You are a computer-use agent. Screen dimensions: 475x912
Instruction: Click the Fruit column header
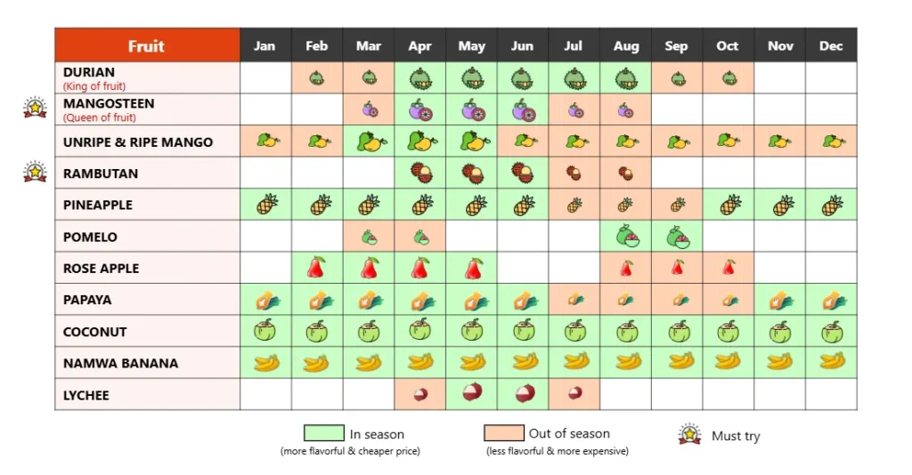coord(146,46)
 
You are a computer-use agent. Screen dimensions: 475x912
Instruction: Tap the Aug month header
coord(625,46)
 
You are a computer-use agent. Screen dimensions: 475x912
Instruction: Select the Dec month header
coord(830,46)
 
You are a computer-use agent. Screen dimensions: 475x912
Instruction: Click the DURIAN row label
coord(89,72)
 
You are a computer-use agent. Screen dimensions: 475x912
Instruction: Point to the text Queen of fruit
coord(100,117)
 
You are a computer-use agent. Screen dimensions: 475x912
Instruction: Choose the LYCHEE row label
coord(86,395)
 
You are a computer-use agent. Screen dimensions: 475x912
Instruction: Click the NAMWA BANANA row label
coord(120,363)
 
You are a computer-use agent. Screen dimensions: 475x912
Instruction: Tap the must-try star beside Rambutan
coord(35,171)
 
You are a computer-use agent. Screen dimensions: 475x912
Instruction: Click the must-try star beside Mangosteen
coord(35,108)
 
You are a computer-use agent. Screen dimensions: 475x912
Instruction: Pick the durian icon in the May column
coord(472,78)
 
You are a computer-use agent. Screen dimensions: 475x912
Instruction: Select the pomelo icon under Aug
coord(626,237)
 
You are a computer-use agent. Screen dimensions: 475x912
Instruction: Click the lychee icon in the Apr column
coord(420,394)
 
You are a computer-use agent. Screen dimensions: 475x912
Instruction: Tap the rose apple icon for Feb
coord(316,267)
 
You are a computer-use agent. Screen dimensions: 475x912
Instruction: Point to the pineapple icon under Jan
coord(266,205)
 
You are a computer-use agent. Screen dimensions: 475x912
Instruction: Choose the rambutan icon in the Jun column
coord(524,173)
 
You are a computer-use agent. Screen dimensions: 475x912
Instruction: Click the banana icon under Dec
coord(832,361)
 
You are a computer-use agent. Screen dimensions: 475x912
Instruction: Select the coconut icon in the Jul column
coord(575,331)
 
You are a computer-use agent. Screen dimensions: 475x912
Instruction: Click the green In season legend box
coord(323,433)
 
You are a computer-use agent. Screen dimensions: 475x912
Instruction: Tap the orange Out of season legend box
coord(503,433)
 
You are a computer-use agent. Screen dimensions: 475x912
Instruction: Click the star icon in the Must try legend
coord(689,434)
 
